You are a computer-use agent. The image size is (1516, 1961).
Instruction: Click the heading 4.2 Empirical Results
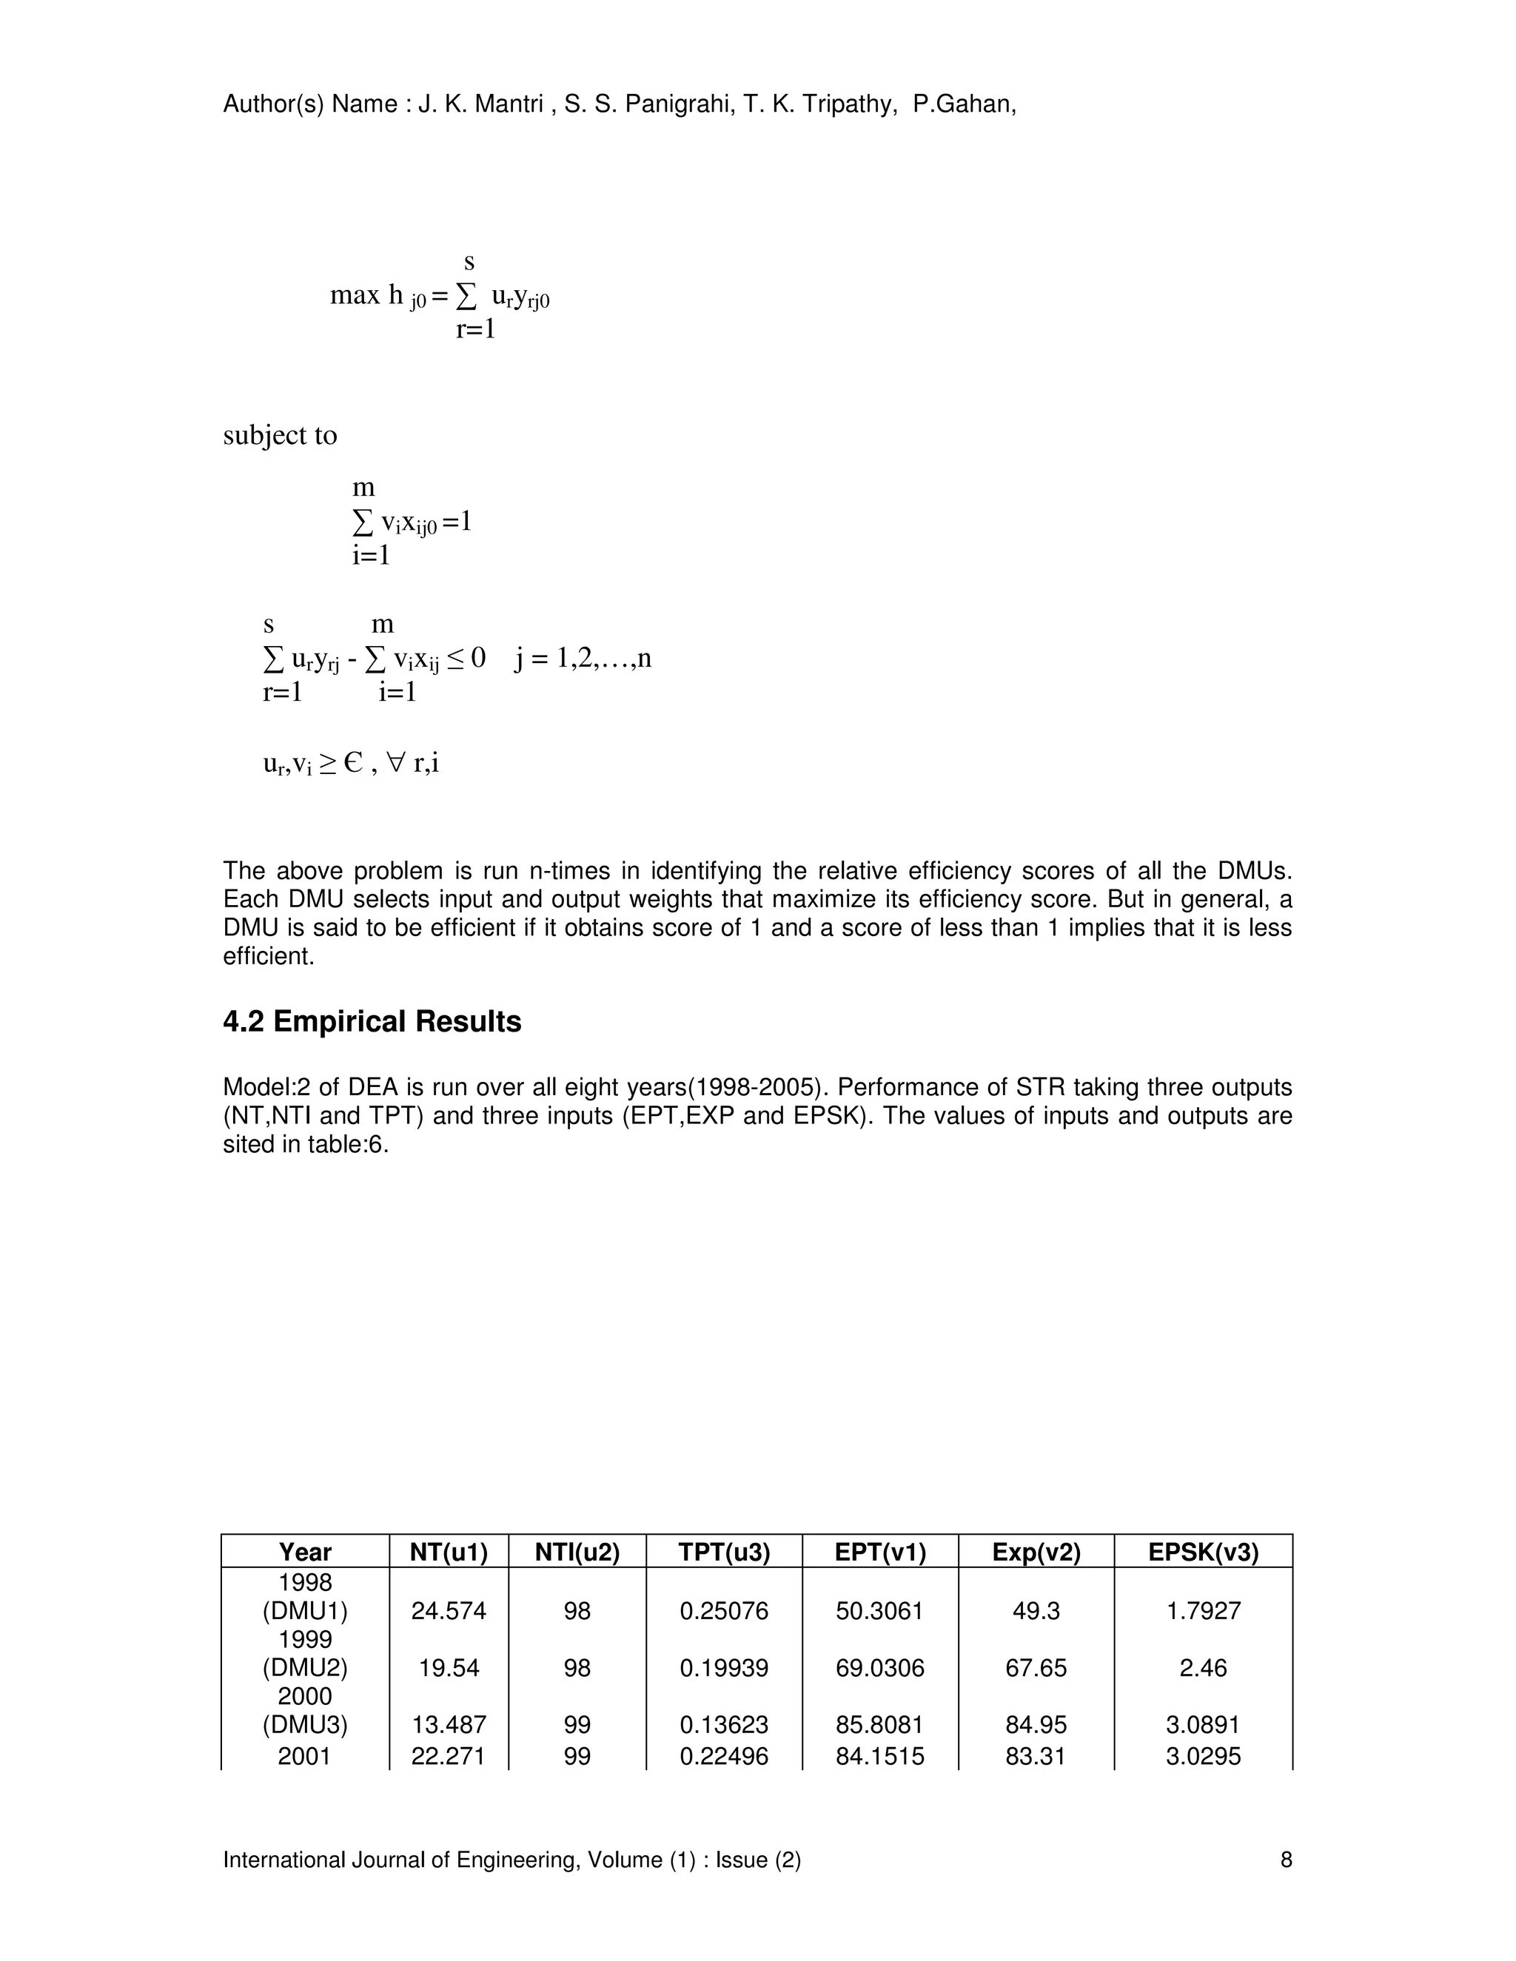pos(372,1022)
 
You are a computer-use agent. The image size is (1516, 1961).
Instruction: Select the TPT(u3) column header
pos(724,1553)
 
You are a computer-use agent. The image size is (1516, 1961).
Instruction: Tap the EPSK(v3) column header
pos(1203,1553)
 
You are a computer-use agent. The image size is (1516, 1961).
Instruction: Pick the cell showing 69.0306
pos(879,1668)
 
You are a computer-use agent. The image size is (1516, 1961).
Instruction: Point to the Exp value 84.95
pos(1036,1725)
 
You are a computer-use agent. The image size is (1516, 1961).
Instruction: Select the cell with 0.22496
pos(724,1756)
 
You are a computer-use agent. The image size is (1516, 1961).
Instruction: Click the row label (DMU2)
pos(304,1668)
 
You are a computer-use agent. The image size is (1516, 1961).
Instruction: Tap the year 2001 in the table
pos(304,1756)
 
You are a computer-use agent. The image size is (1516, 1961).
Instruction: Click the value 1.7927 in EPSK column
pos(1203,1611)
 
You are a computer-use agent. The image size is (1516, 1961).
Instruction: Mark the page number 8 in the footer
pos(1286,1860)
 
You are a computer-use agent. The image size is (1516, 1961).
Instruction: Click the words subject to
pos(281,435)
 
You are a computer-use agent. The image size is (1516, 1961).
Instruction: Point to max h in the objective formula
pos(366,295)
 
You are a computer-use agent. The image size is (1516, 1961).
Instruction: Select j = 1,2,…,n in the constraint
pos(583,659)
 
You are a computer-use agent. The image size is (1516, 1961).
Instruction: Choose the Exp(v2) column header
pos(1036,1553)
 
